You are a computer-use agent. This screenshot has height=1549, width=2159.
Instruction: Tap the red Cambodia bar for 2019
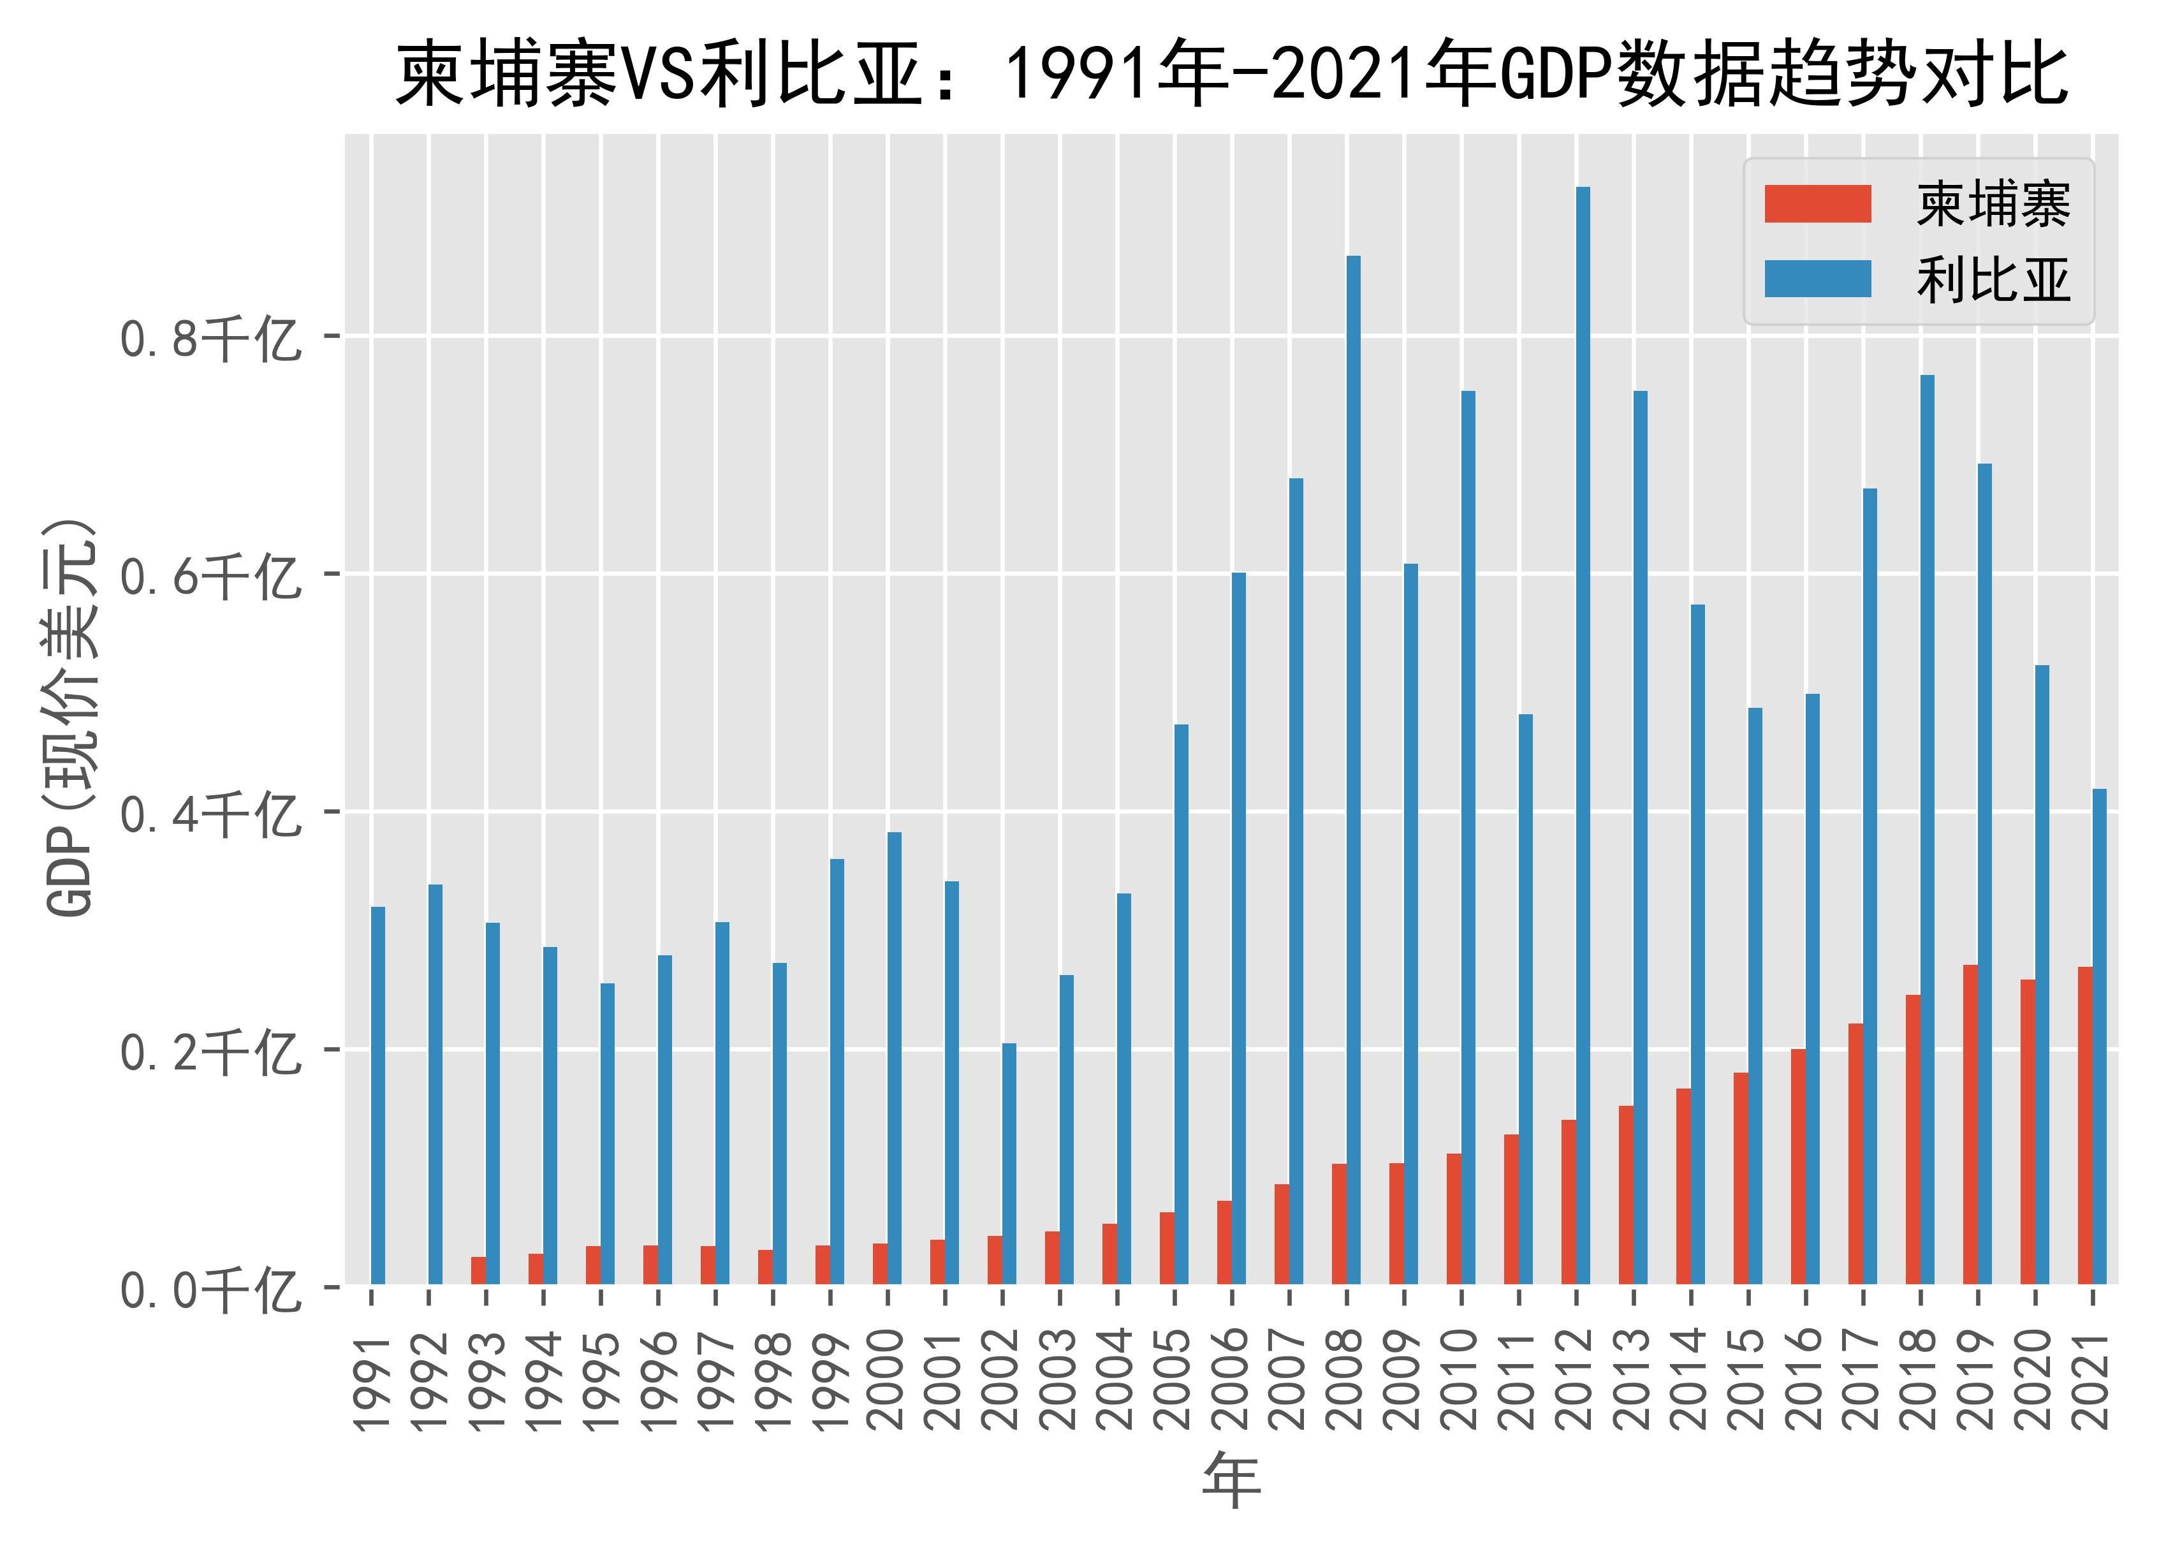1970,1124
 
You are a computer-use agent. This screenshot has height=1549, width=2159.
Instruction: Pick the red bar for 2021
2085,1126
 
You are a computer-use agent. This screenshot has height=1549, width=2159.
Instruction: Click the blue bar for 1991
378,1095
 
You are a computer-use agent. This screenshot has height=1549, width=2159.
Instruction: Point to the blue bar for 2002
1009,1163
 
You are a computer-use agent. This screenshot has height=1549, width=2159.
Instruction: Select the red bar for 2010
1454,1219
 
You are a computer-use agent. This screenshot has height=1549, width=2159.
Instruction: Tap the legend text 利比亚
1993,280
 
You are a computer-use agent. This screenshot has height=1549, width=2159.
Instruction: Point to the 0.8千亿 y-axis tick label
209,338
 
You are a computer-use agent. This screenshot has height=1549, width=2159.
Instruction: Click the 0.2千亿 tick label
209,1052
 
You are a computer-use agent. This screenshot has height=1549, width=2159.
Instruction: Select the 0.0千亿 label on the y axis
209,1291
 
